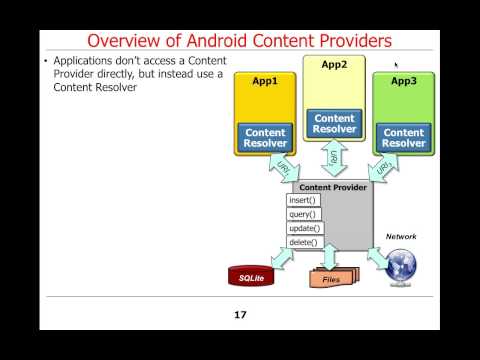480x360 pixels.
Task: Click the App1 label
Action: [265, 81]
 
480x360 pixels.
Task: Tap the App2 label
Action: [334, 64]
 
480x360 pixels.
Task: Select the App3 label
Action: [404, 81]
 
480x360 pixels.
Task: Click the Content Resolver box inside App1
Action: [265, 138]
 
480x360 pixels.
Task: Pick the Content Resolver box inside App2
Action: [334, 123]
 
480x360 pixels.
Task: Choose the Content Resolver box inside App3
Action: [404, 138]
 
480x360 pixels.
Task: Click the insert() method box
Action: [303, 200]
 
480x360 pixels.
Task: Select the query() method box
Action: [304, 214]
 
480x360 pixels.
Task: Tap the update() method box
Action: [305, 228]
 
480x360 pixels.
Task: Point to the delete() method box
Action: [305, 242]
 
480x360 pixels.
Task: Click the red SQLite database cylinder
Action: [251, 276]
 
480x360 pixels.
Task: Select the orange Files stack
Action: [334, 277]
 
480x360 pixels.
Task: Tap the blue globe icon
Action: [400, 265]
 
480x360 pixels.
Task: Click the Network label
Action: [401, 236]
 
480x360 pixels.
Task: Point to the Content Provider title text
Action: [333, 187]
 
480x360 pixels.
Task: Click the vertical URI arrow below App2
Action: [334, 158]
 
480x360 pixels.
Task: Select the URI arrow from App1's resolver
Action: [284, 168]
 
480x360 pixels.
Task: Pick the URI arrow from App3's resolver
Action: [383, 168]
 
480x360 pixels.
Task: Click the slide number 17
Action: [240, 315]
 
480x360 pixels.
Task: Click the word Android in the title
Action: [217, 41]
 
